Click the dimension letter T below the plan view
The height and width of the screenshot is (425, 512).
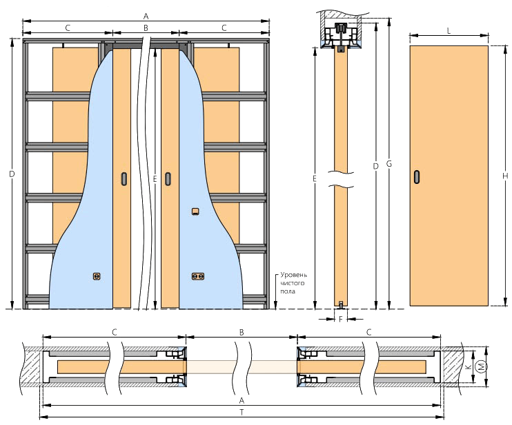(x=242, y=413)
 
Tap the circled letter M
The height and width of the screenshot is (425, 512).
(x=482, y=366)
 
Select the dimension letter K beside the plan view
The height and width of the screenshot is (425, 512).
(x=469, y=366)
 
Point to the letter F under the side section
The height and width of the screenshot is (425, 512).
(x=341, y=319)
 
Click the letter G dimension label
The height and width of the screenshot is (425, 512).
(x=388, y=164)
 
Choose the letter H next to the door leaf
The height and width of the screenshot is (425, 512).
(x=505, y=176)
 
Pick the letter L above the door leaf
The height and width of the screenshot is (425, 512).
(x=449, y=31)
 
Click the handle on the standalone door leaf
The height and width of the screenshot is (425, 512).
(x=417, y=176)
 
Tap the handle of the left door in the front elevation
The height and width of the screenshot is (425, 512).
(x=124, y=178)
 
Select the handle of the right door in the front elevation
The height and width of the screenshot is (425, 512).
(x=168, y=178)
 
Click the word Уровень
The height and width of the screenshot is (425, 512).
(x=293, y=275)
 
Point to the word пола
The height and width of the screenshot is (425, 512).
(x=288, y=291)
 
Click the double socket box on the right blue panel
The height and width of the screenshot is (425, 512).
(x=198, y=276)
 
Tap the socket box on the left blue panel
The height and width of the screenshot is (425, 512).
(x=97, y=276)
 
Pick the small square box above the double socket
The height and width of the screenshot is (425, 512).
(x=195, y=211)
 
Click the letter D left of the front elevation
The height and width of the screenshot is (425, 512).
(x=12, y=174)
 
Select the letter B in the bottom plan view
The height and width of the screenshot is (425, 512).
(x=242, y=333)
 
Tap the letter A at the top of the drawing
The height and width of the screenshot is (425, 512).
(x=146, y=16)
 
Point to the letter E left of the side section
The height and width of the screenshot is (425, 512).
(x=315, y=178)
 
